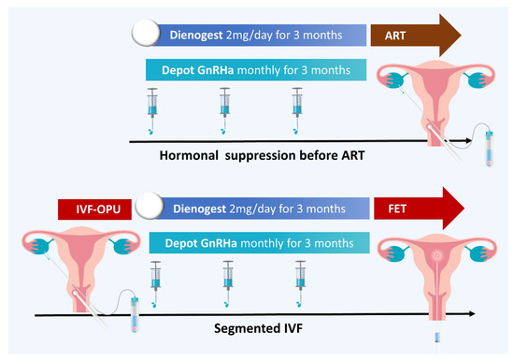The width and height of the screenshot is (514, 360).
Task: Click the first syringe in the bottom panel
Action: point(155,276)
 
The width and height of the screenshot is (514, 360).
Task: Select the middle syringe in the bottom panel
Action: point(227,276)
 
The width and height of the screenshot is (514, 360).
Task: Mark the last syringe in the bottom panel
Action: point(300,276)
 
